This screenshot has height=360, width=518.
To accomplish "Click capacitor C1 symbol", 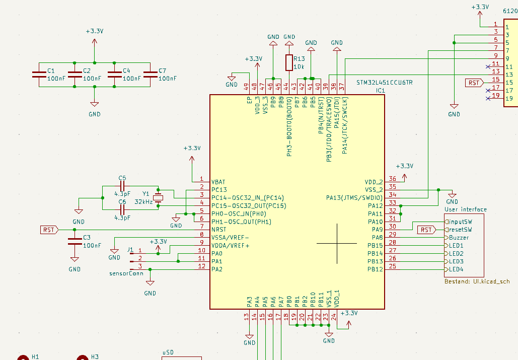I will pyautogui.click(x=38, y=75).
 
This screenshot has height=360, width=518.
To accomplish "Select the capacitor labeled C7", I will pyautogui.click(x=150, y=75).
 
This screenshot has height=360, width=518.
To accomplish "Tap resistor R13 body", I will pyautogui.click(x=289, y=62).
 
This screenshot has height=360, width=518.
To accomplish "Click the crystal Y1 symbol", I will pyautogui.click(x=159, y=197).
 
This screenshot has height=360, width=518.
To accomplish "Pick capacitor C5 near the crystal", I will pyautogui.click(x=122, y=186).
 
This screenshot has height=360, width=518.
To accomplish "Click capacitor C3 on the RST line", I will pyautogui.click(x=75, y=241).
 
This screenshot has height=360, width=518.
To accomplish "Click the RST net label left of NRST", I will pyautogui.click(x=49, y=230).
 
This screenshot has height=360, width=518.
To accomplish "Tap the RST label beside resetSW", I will pyautogui.click(x=426, y=230).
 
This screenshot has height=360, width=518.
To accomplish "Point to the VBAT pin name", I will pyautogui.click(x=219, y=181).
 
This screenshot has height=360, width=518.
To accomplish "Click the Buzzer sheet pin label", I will pyautogui.click(x=459, y=238).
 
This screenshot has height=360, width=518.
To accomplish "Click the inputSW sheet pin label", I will pyautogui.click(x=460, y=222).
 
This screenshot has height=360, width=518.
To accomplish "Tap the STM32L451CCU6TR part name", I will pyautogui.click(x=384, y=82).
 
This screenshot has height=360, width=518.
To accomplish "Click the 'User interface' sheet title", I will pyautogui.click(x=466, y=209).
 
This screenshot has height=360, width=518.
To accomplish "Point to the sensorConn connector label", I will pyautogui.click(x=126, y=273).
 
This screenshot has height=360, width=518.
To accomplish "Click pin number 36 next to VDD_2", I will pyautogui.click(x=392, y=179).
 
